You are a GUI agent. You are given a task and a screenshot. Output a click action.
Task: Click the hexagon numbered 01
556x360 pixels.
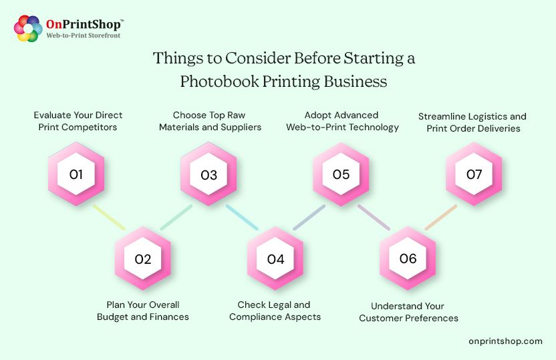pyautogui.click(x=76, y=175)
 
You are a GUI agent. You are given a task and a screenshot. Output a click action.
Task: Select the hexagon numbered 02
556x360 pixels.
pyautogui.click(x=143, y=259)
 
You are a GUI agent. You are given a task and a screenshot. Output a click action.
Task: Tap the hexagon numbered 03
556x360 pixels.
pyautogui.click(x=209, y=175)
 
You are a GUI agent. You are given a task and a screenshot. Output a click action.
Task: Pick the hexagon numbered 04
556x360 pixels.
pyautogui.click(x=275, y=259)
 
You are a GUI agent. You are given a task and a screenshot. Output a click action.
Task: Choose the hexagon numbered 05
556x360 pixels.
pyautogui.click(x=341, y=175)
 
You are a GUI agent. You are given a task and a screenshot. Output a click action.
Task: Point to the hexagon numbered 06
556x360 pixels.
pyautogui.click(x=408, y=259)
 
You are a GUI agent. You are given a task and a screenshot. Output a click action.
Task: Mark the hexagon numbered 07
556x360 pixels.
pyautogui.click(x=474, y=175)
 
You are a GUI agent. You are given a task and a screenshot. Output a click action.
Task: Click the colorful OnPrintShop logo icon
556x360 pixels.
pyautogui.click(x=28, y=28)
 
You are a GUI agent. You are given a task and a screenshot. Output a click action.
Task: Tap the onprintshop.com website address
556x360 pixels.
pyautogui.click(x=505, y=341)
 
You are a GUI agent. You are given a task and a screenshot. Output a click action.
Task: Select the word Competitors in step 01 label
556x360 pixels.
pyautogui.click(x=94, y=127)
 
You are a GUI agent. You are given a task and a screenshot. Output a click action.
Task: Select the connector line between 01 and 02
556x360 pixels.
pyautogui.click(x=109, y=218)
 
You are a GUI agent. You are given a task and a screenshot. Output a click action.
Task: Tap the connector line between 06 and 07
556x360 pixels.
pyautogui.click(x=440, y=218)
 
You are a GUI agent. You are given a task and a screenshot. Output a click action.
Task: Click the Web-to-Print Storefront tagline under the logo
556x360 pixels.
pyautogui.click(x=83, y=35)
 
